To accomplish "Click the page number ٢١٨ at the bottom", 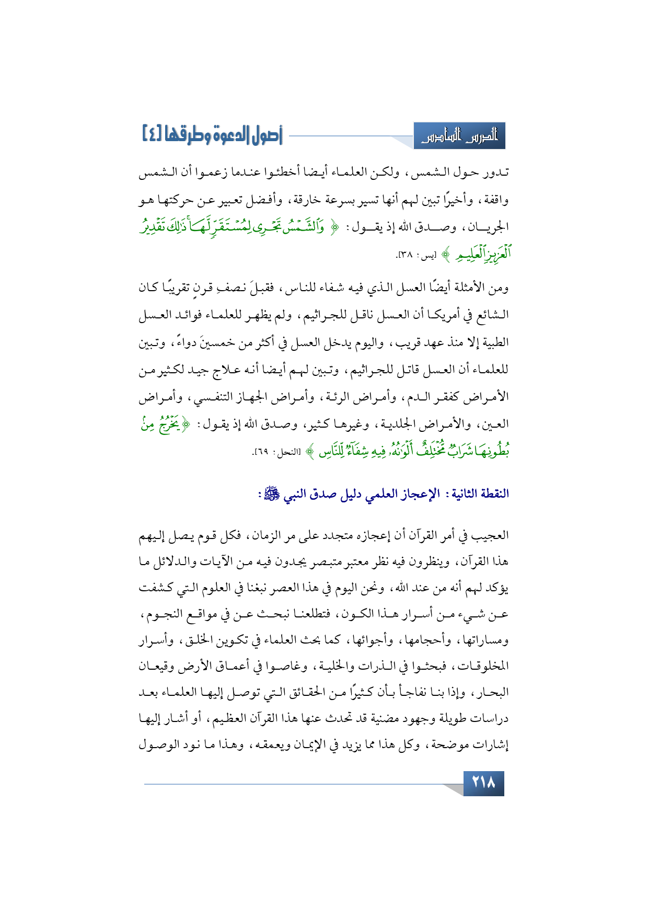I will [x=483, y=783].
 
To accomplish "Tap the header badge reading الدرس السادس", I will [x=459, y=136].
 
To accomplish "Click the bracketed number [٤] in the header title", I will [x=152, y=134].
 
